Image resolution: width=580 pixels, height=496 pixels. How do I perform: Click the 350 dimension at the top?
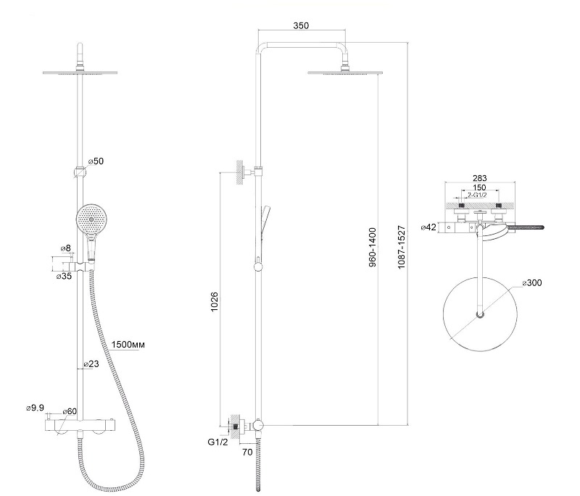pos(301,25)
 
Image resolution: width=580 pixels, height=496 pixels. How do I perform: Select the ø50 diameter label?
pos(96,161)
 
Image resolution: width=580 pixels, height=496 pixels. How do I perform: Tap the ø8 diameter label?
pos(65,248)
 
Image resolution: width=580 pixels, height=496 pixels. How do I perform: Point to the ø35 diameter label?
pos(64,276)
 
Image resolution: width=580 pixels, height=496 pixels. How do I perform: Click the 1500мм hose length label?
pos(128,345)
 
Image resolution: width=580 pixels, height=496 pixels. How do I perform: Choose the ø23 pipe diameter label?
pos(91,363)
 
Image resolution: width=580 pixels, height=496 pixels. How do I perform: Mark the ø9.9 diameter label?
pos(35,408)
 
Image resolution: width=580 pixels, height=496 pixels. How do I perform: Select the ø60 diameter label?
pos(70,411)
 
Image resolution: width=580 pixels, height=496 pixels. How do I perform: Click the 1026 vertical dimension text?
pos(214,302)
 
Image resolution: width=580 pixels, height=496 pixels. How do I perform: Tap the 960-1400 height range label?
pos(373,247)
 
